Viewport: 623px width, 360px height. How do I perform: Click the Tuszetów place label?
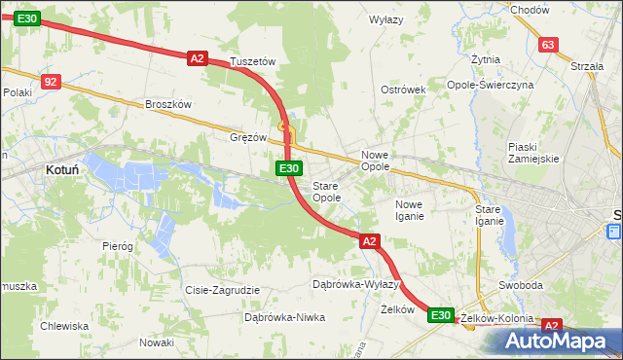tap(253, 61)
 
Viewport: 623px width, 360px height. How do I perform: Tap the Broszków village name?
tap(169, 104)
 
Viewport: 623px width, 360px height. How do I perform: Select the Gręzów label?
tap(247, 137)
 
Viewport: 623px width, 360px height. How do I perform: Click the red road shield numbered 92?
tap(52, 83)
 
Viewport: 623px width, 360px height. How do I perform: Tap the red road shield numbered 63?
tap(548, 45)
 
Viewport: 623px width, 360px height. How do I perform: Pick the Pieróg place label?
tap(117, 246)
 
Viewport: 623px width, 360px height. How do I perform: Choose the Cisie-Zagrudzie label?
tap(222, 290)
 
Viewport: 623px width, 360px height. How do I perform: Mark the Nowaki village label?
tap(156, 342)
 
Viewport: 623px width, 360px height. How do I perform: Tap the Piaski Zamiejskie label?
tap(532, 153)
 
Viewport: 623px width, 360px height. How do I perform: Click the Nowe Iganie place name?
tap(409, 210)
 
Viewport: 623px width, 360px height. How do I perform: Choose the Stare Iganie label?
tap(488, 215)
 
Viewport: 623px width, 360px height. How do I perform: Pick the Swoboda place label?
tap(520, 286)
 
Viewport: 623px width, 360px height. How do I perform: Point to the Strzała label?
tap(588, 66)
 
